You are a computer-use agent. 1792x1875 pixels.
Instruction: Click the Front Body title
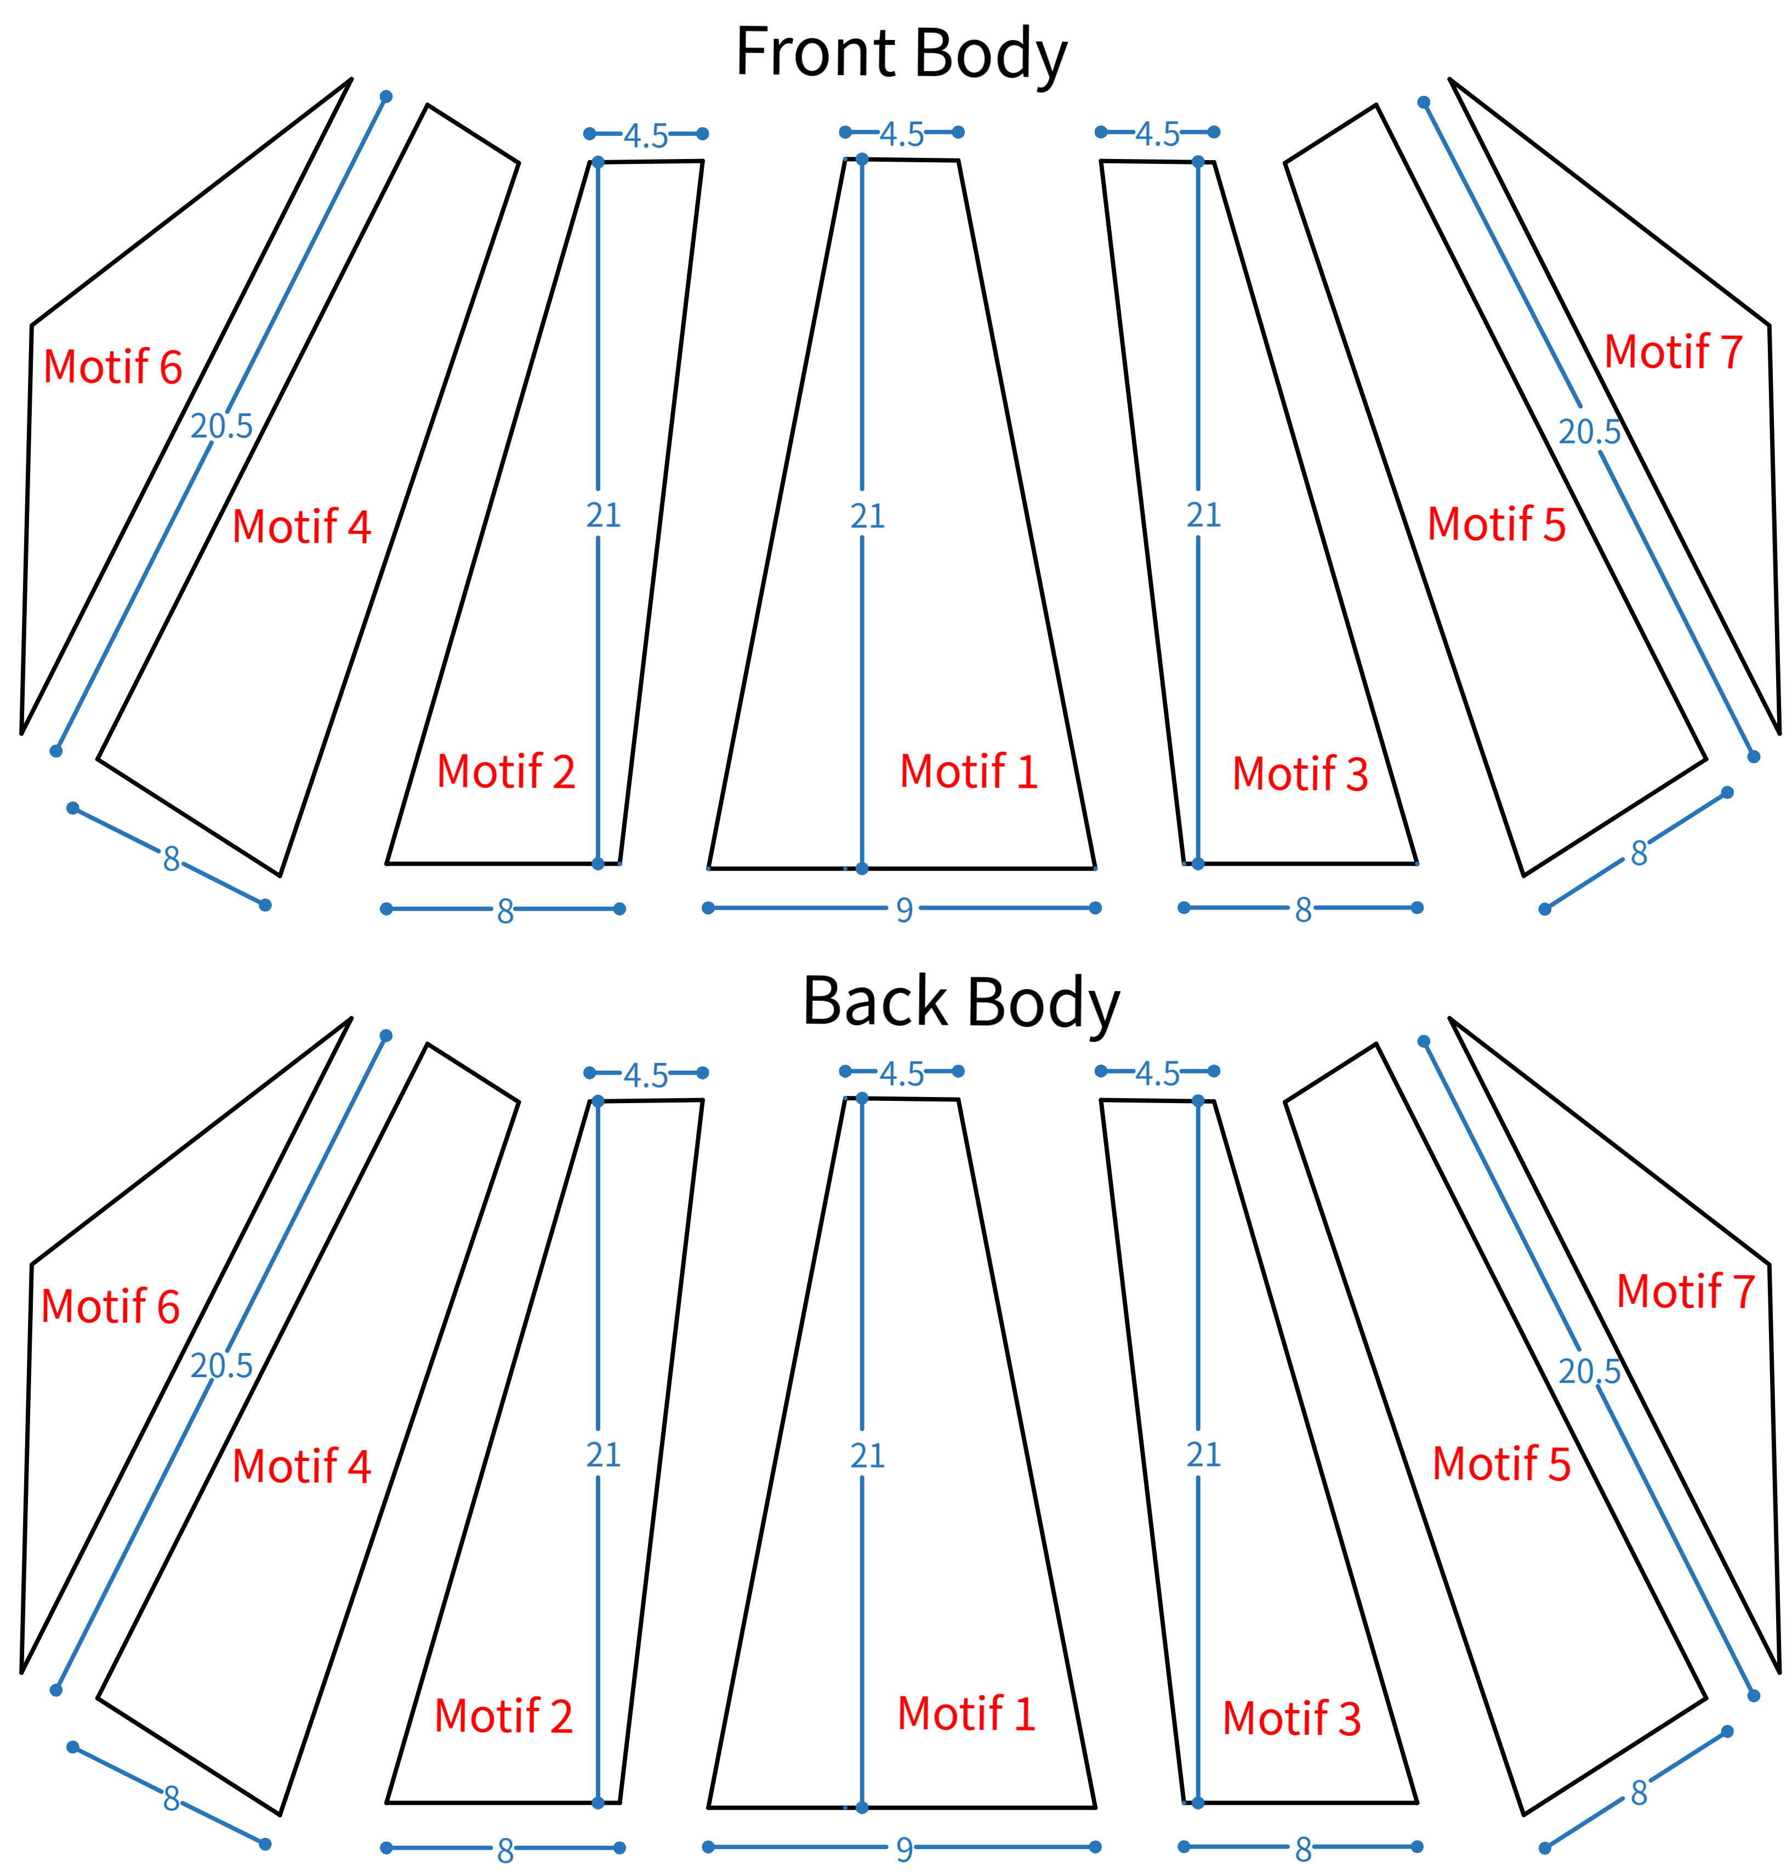901,54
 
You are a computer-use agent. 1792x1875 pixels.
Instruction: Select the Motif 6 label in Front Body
113,367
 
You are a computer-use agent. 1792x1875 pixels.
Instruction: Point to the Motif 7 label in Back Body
1686,1291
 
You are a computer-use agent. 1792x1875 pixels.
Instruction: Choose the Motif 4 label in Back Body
301,1466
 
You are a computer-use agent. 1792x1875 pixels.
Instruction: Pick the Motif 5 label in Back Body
1501,1463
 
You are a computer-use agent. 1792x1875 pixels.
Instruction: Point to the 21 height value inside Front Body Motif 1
867,516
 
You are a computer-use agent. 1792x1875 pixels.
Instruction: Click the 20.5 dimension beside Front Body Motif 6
221,426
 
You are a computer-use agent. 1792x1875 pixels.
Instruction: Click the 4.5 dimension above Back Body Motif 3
1158,1073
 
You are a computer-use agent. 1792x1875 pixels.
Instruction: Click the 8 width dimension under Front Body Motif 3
1303,910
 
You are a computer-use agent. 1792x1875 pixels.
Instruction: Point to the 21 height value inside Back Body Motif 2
604,1454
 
